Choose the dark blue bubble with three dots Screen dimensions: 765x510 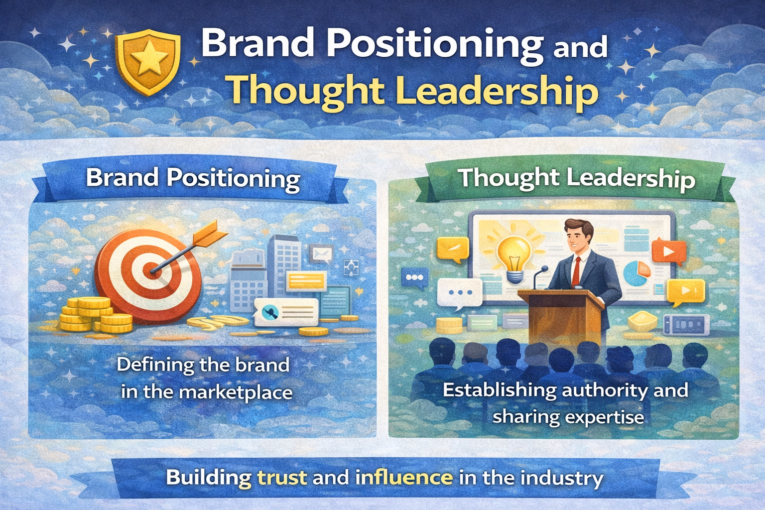414,278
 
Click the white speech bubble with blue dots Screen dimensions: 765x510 460,294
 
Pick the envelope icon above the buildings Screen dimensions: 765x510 321,254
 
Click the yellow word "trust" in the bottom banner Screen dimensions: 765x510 282,477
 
